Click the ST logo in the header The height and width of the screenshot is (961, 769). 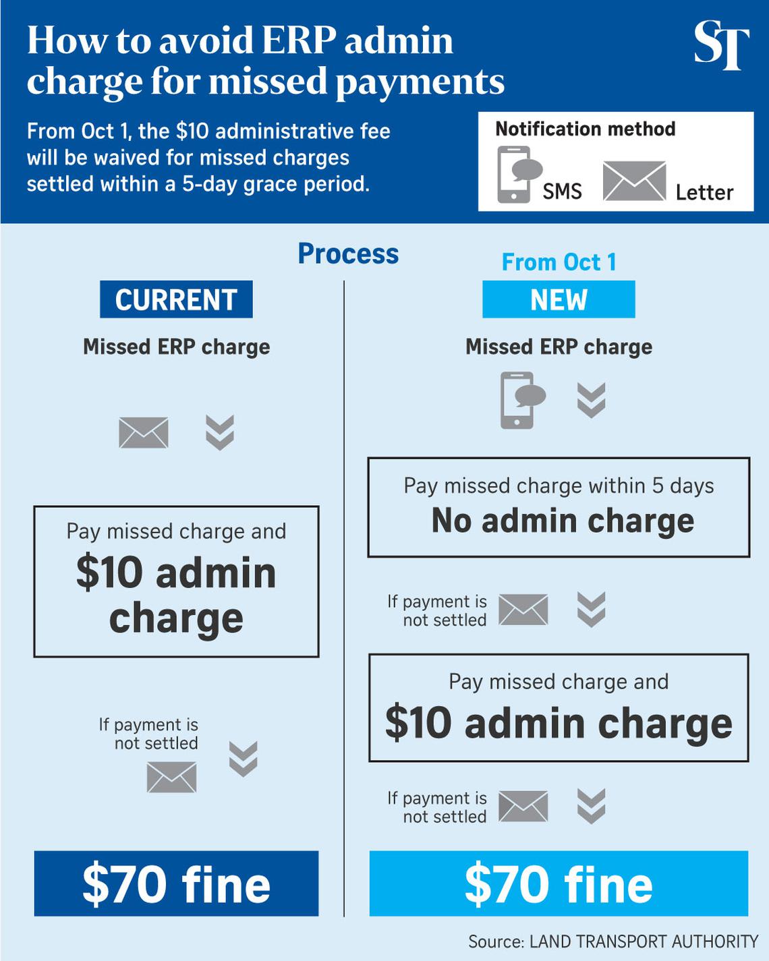(721, 45)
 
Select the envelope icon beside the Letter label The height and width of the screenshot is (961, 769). (634, 181)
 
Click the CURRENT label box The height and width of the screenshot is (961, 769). (176, 299)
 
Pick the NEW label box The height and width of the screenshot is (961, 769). (559, 299)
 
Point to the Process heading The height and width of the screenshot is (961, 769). (348, 254)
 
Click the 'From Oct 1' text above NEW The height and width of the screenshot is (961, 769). (559, 262)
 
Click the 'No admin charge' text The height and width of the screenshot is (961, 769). (563, 521)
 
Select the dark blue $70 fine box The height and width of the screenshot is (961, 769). (176, 883)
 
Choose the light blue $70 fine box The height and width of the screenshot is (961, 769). (559, 883)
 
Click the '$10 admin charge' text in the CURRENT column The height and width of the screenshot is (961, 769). (176, 595)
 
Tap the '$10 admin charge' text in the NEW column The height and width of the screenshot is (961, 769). (559, 723)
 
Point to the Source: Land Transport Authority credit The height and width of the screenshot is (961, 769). (613, 941)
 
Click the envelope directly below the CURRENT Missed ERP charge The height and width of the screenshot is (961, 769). (144, 432)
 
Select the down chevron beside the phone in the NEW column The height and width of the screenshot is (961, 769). (592, 400)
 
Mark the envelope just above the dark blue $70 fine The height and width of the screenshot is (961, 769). (171, 777)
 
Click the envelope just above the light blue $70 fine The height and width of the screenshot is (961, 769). (523, 807)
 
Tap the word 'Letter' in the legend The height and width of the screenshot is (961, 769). (704, 193)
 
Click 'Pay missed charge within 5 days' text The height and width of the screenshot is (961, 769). (559, 486)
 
